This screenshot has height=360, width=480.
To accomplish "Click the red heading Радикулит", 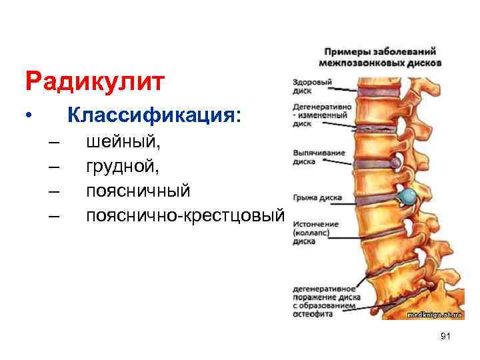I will click(x=94, y=82).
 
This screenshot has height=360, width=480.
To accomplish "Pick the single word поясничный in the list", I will click(x=138, y=191).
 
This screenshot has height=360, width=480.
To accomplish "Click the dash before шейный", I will click(x=54, y=143).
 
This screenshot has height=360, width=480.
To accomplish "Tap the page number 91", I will click(x=446, y=337).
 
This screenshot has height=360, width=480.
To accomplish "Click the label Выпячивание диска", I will click(x=318, y=156).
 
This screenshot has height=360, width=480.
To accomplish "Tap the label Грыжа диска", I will click(x=317, y=198).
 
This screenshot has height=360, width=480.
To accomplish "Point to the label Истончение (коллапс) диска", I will click(x=315, y=233).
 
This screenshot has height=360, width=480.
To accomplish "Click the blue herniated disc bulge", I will click(x=407, y=197).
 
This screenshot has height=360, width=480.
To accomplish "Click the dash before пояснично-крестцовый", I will click(x=54, y=217).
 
